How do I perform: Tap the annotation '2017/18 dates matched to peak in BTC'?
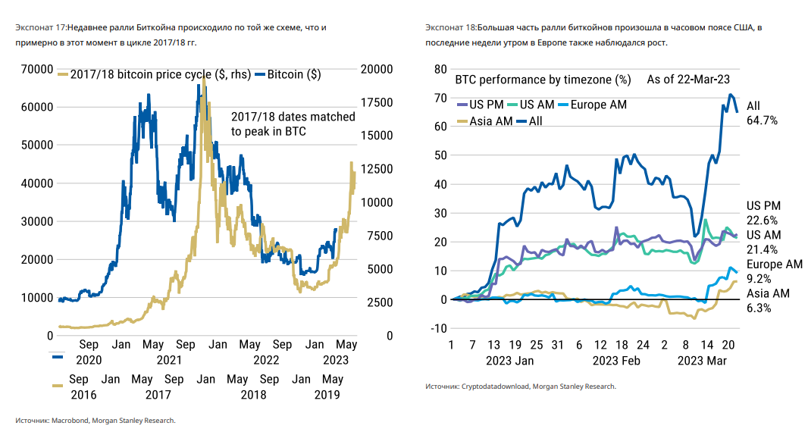[293, 124]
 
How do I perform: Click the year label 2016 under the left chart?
[83, 395]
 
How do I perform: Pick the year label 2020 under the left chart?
[83, 360]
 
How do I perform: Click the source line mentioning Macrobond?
[96, 420]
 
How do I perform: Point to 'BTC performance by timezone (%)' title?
[543, 80]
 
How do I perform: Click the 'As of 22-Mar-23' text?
[688, 80]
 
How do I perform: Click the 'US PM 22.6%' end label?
[763, 213]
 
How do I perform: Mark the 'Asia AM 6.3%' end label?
[768, 301]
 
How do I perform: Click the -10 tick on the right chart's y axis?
[436, 328]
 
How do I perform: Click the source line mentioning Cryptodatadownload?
[520, 387]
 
